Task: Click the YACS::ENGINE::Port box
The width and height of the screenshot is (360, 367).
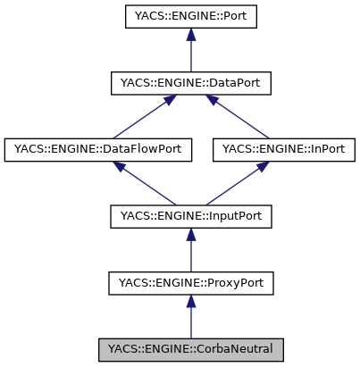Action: point(189,17)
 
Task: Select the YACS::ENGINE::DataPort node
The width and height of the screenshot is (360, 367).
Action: point(189,83)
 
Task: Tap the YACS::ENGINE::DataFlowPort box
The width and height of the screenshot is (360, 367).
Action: point(98,149)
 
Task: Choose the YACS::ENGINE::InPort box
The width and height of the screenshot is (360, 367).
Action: point(284,149)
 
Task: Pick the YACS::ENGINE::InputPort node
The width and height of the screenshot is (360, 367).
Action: point(189,216)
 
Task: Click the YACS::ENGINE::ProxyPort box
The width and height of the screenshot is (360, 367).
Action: point(189,283)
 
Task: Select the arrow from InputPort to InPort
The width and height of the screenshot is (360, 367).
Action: point(237,183)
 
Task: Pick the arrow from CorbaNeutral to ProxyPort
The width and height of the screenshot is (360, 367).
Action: point(189,317)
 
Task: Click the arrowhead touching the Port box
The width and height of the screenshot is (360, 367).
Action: point(189,37)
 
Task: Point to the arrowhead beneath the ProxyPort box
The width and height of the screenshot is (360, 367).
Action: point(189,304)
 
